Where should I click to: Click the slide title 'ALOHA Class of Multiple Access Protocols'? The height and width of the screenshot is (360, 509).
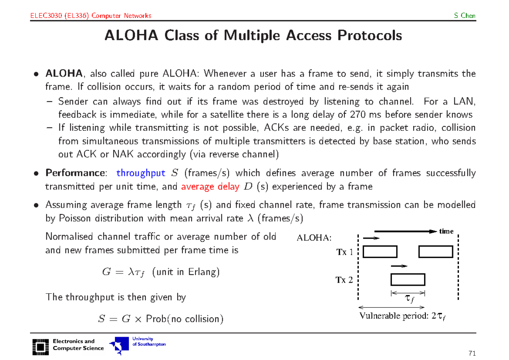(x=253, y=36)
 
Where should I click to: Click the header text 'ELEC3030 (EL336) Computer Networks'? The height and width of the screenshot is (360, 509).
(x=91, y=16)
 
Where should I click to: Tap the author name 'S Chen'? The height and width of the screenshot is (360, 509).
(x=464, y=16)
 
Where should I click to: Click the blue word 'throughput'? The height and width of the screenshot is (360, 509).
(x=140, y=173)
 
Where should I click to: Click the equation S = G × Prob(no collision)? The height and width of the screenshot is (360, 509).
(x=160, y=318)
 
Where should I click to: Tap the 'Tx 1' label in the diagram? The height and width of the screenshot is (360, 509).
(x=344, y=253)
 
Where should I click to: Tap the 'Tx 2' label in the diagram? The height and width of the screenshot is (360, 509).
(x=344, y=280)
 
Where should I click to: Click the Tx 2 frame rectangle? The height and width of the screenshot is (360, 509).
(x=408, y=280)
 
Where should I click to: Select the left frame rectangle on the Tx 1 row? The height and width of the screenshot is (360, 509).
(x=380, y=252)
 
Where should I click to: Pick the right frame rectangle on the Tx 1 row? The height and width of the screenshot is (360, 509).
(x=436, y=252)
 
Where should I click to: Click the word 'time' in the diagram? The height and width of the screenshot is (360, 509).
(x=446, y=231)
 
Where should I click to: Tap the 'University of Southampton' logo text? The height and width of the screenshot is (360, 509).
(x=148, y=342)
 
